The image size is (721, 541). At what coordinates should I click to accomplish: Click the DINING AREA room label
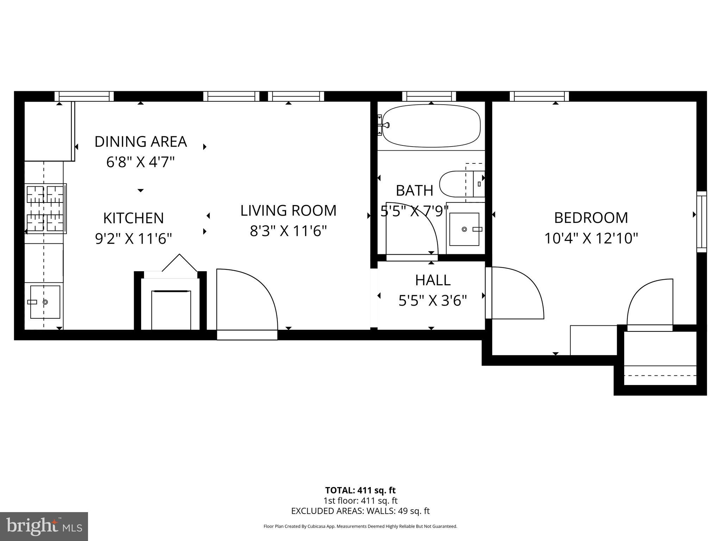(x=140, y=142)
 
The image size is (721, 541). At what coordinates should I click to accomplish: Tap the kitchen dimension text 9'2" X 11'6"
(x=133, y=239)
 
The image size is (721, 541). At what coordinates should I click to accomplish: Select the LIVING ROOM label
(x=288, y=211)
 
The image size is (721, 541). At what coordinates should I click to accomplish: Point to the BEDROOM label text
(x=591, y=218)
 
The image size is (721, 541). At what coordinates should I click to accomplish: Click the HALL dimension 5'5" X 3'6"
(x=432, y=301)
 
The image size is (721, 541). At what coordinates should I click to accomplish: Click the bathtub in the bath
(x=431, y=126)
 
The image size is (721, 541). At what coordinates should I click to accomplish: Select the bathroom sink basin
(x=464, y=229)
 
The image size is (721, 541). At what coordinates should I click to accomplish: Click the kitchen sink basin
(x=45, y=302)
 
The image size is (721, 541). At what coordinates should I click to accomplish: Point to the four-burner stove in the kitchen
(x=45, y=209)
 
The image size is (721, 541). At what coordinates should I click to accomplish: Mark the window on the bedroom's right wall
(x=702, y=222)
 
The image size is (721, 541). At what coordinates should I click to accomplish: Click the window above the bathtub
(x=429, y=96)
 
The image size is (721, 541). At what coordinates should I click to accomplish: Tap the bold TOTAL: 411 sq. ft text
(x=360, y=490)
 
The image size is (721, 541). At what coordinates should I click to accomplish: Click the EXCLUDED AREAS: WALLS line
(x=360, y=511)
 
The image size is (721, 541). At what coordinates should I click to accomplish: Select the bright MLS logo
(x=44, y=527)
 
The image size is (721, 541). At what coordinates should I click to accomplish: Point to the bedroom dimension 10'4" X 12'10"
(x=591, y=238)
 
